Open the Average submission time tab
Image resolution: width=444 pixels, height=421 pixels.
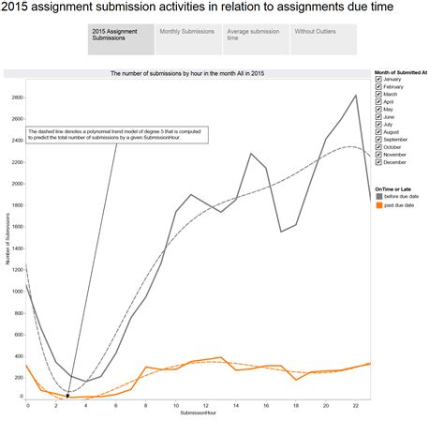[256, 39]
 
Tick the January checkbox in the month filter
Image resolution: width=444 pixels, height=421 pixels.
[378, 80]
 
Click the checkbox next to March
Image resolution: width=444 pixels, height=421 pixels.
[378, 95]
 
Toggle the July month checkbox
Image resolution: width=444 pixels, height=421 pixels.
[378, 125]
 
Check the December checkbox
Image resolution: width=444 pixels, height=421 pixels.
[378, 162]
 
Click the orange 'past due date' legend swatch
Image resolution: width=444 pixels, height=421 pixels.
[378, 205]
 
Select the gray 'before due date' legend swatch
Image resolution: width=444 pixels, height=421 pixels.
[378, 196]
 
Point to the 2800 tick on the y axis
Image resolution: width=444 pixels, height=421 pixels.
[18, 98]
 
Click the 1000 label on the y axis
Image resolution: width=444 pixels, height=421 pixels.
[18, 292]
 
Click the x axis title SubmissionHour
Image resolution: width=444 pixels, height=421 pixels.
[198, 413]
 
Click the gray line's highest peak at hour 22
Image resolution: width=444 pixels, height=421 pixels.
[355, 95]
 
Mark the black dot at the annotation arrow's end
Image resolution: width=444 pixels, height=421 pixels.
[68, 396]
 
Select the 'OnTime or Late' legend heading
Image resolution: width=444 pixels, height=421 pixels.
[395, 188]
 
